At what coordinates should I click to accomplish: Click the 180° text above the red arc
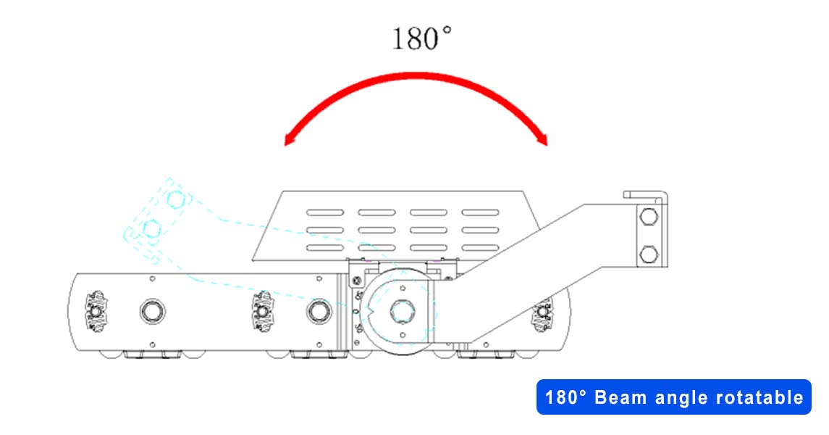(421, 38)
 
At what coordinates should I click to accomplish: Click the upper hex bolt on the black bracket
(649, 217)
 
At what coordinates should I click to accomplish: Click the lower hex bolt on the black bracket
(649, 254)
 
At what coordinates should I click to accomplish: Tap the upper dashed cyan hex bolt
(175, 199)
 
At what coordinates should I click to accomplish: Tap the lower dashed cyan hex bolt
(152, 228)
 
